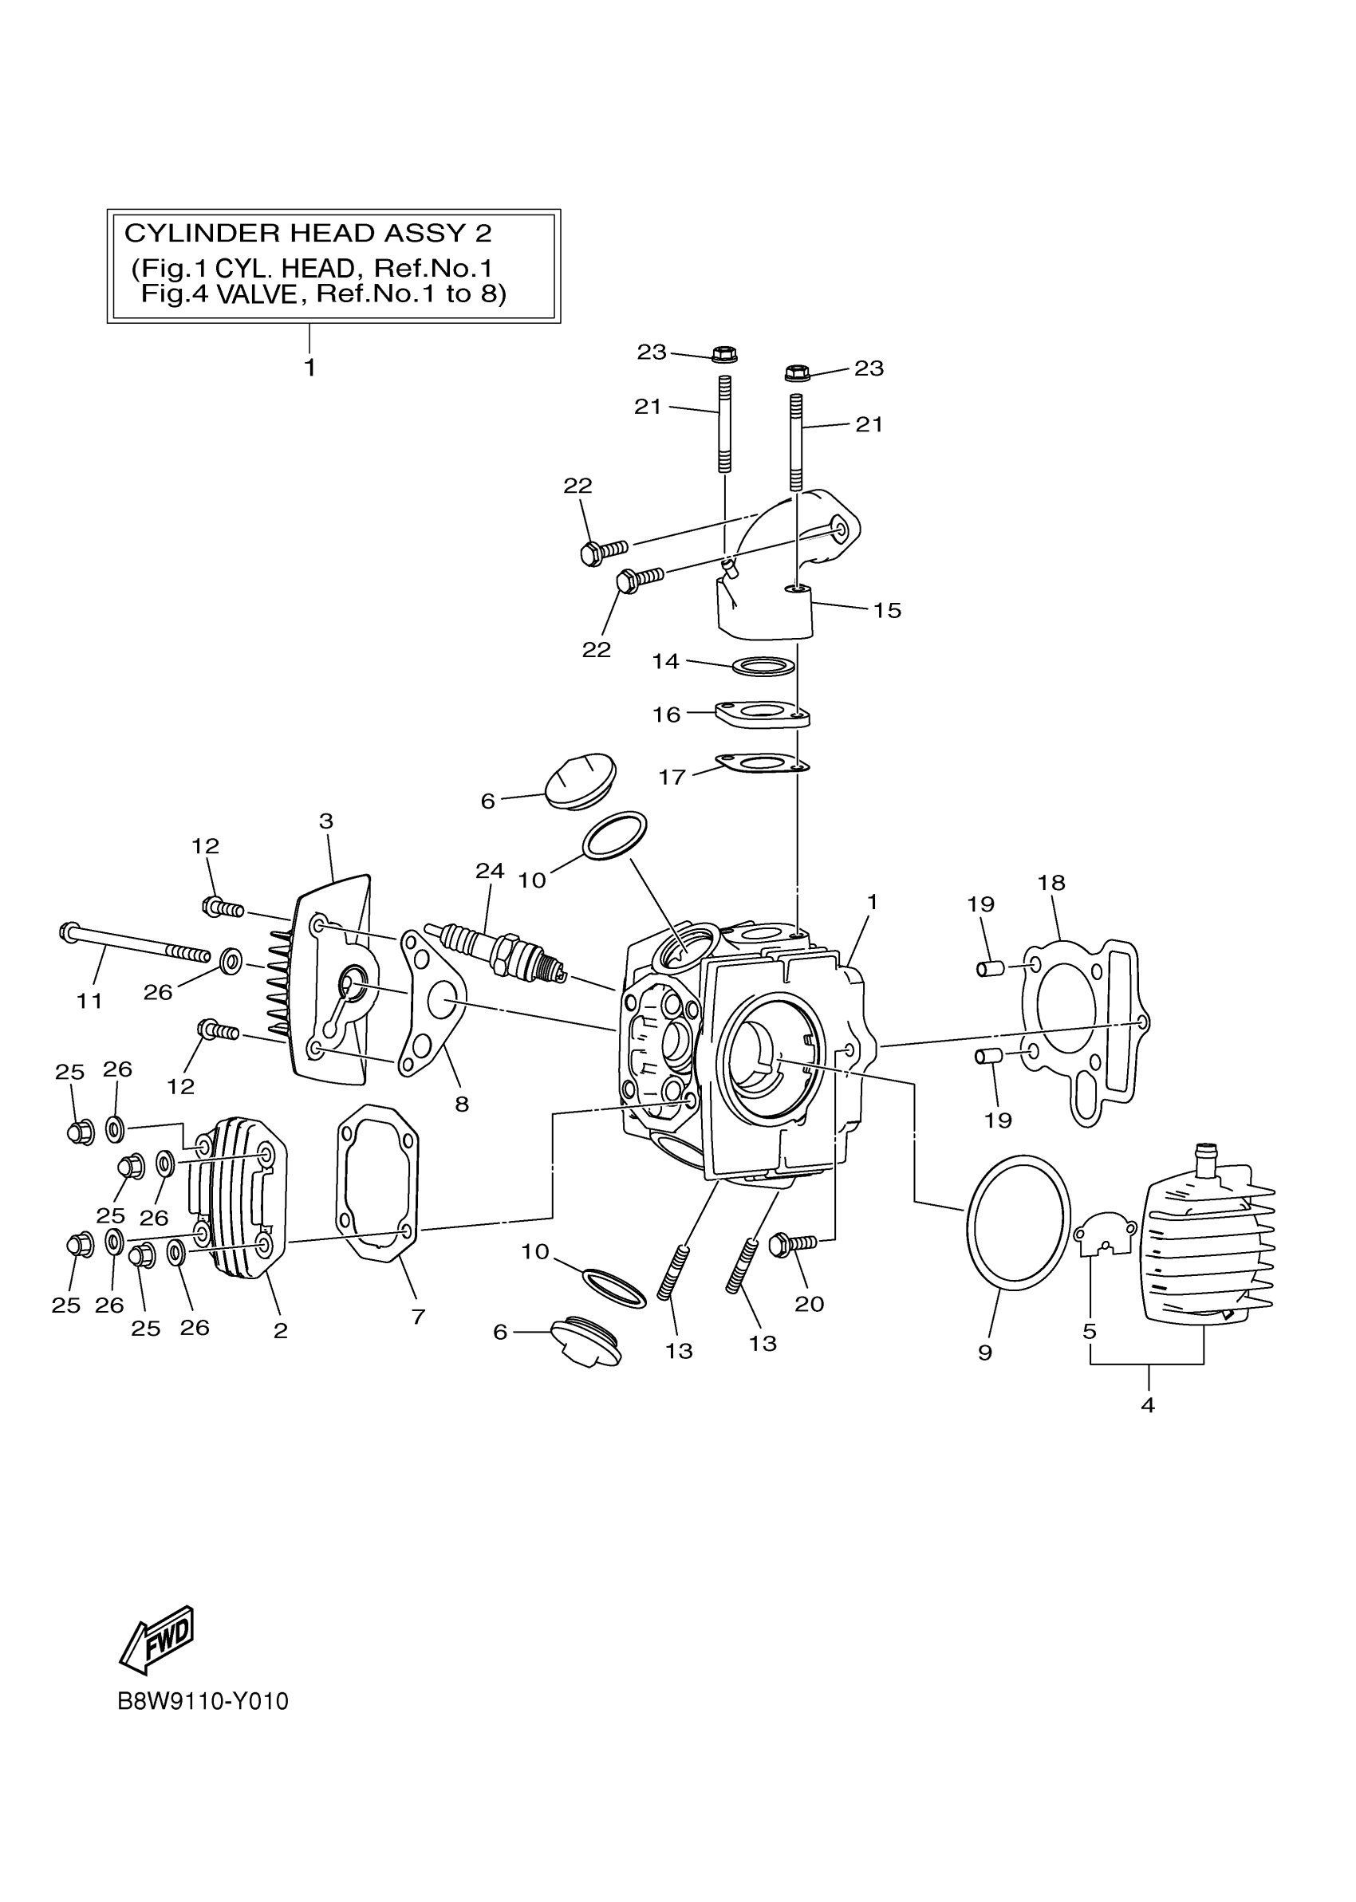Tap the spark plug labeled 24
(x=498, y=951)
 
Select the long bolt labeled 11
(x=133, y=943)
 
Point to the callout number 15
(x=888, y=611)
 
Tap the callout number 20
(x=809, y=1304)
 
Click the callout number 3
(x=326, y=821)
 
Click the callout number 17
(x=672, y=777)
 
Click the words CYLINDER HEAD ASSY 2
(x=308, y=233)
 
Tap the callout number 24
(x=490, y=871)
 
